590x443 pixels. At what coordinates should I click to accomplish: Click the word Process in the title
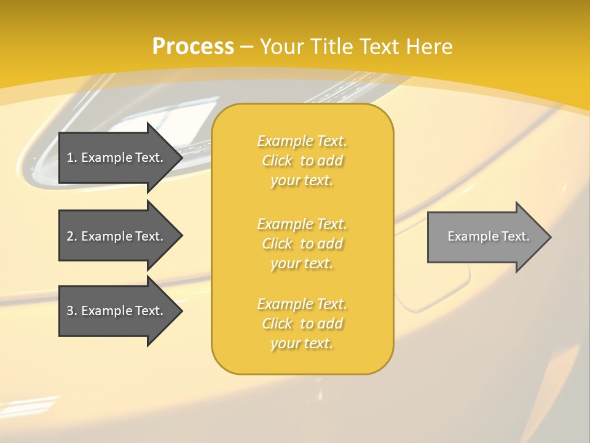(193, 47)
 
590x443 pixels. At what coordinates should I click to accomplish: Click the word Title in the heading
(332, 47)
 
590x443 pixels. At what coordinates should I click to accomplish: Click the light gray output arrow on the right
(486, 237)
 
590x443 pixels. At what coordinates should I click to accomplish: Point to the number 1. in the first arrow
(72, 158)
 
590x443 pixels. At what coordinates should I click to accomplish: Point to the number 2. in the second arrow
(72, 236)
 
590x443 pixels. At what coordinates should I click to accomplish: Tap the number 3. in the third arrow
(72, 311)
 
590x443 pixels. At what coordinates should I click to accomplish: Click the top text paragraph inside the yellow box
(302, 161)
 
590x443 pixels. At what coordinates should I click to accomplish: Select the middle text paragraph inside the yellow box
(302, 244)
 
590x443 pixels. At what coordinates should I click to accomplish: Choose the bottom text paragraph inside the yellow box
(302, 324)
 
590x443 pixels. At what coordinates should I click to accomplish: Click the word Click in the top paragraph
(278, 161)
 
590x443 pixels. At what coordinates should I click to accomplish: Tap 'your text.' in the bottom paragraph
(302, 343)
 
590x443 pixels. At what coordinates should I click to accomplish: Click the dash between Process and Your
(246, 47)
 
